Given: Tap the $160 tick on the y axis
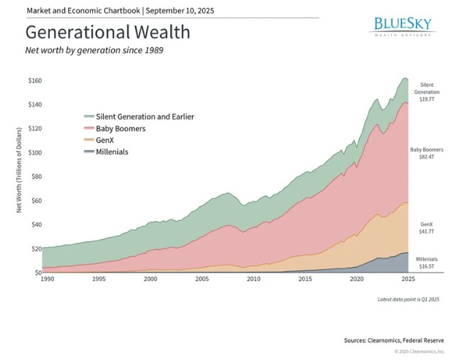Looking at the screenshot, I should click(x=33, y=81).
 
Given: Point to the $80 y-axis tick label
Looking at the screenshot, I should click(x=35, y=177).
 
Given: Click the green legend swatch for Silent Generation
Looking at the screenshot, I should click(x=88, y=116).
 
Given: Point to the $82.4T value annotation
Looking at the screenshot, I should click(x=427, y=157).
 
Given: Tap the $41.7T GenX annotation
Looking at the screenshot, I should click(x=427, y=230).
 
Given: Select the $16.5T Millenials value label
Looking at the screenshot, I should click(x=427, y=267).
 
